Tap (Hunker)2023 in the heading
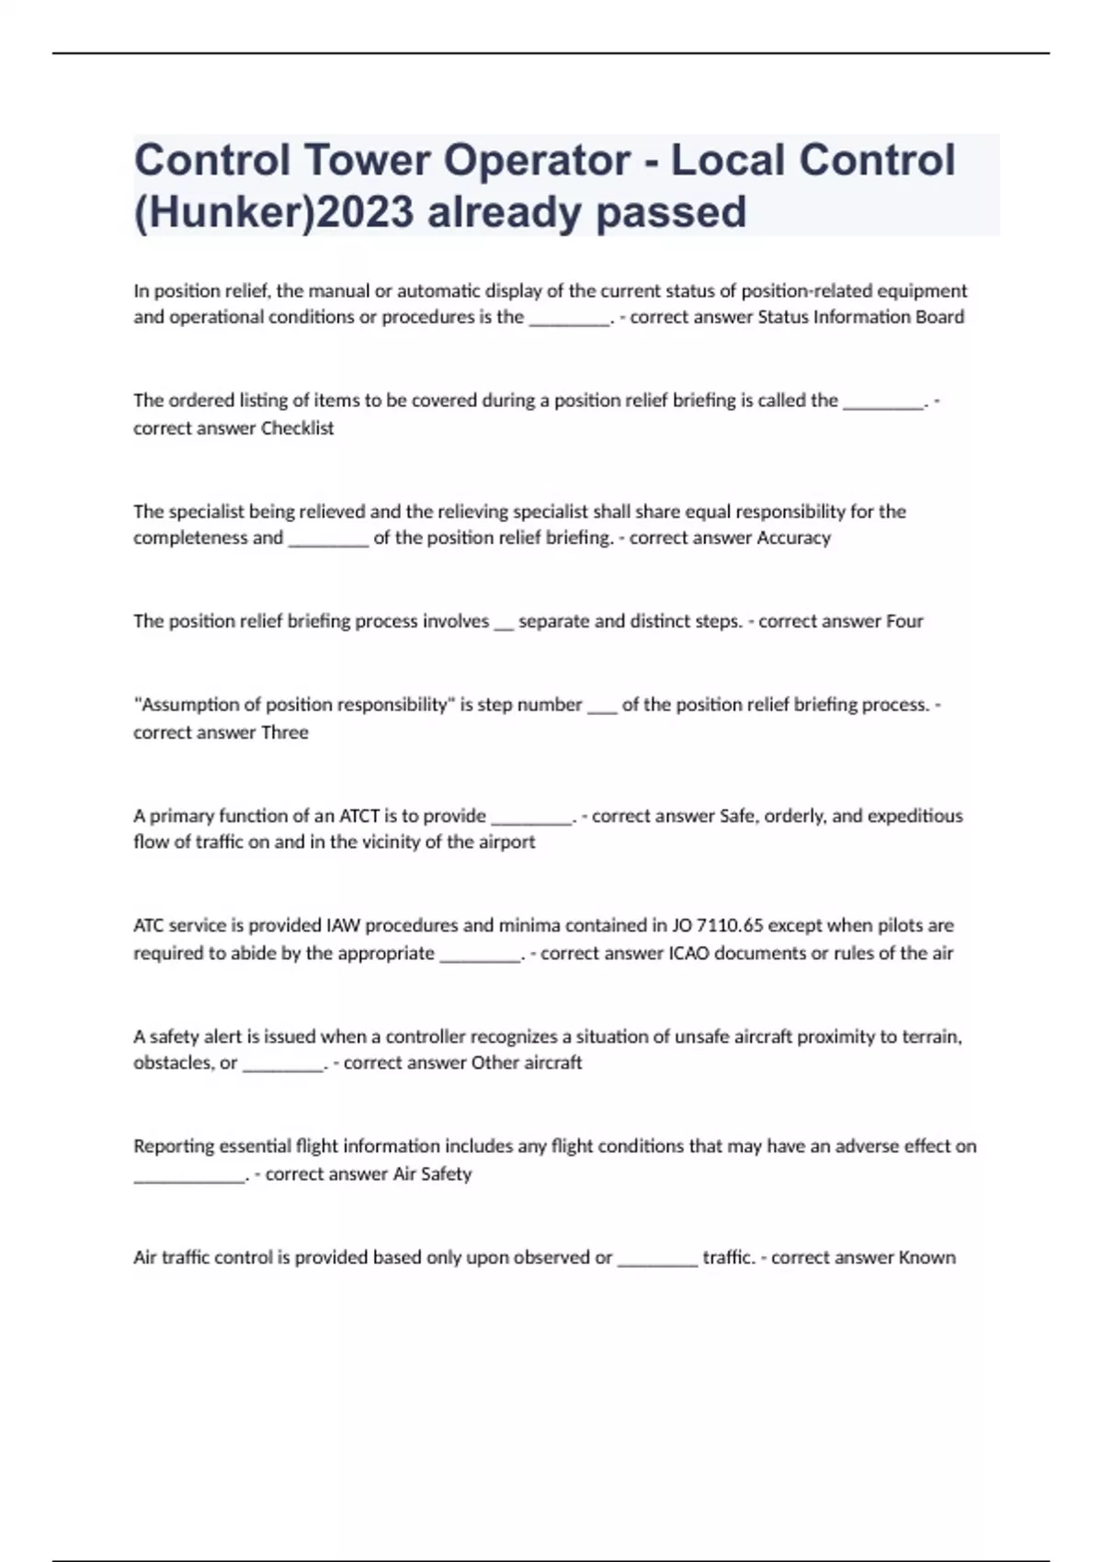tap(273, 212)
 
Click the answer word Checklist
tap(297, 428)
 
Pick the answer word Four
tap(904, 621)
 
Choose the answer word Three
tap(285, 732)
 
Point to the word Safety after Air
tap(446, 1173)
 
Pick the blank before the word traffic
tap(657, 1259)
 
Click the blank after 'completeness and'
tap(328, 539)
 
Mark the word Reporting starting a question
tap(173, 1147)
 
